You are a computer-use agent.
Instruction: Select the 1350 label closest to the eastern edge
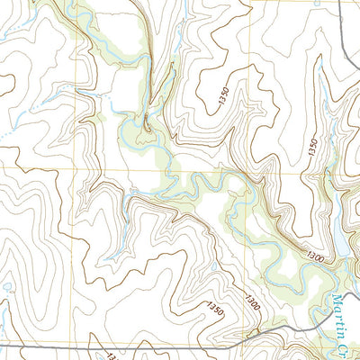[x=310, y=144]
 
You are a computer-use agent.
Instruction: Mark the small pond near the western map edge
[x=7, y=288]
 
